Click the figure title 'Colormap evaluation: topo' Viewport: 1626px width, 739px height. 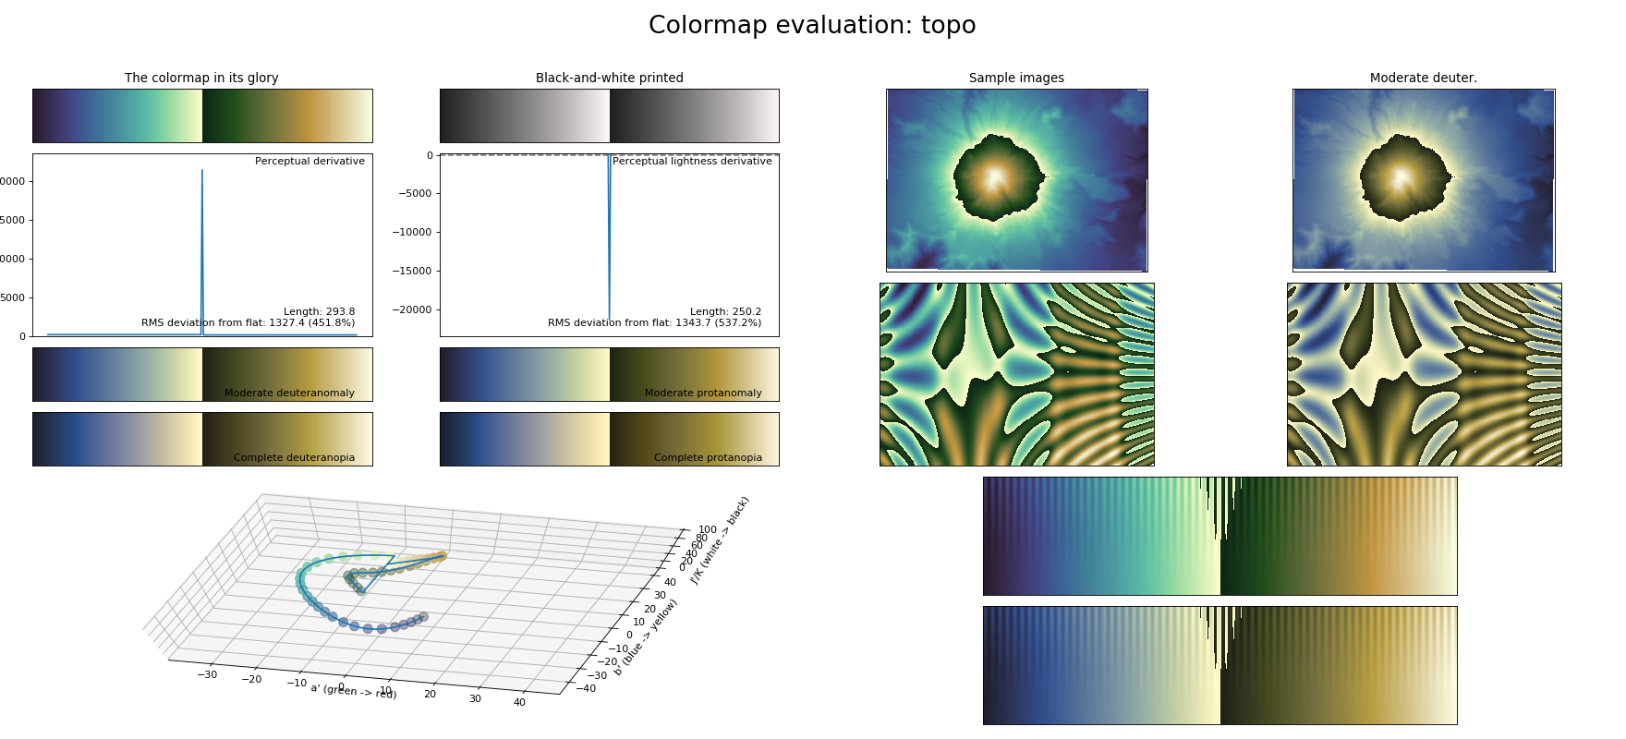[x=811, y=26]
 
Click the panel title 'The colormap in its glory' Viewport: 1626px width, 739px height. [x=201, y=79]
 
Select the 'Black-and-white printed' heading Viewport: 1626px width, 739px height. [x=609, y=79]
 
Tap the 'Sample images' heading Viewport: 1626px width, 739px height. [x=1016, y=79]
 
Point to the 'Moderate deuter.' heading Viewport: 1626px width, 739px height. [x=1423, y=79]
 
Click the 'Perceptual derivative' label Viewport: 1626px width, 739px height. [x=309, y=162]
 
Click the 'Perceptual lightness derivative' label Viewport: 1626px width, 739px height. [x=692, y=162]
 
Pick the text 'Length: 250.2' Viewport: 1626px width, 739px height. [x=725, y=312]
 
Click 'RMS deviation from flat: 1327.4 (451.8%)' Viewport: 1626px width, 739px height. [x=248, y=323]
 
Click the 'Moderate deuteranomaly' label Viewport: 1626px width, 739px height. [x=289, y=394]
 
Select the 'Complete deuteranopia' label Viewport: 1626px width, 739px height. [x=294, y=458]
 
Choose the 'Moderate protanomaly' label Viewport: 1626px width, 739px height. [x=703, y=394]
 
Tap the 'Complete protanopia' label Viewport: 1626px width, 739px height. [x=708, y=458]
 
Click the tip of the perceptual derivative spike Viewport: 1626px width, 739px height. [x=202, y=171]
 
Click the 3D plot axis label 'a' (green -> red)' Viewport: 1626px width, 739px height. [x=354, y=691]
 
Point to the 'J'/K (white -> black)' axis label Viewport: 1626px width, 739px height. [x=720, y=540]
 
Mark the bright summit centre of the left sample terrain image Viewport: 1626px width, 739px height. [x=995, y=178]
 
